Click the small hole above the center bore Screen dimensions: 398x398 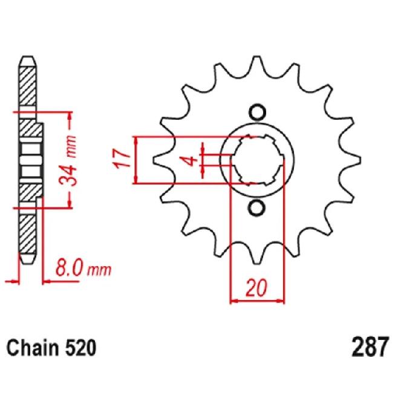[257, 113]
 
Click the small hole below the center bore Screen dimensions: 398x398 [257, 207]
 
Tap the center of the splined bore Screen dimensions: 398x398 [257, 160]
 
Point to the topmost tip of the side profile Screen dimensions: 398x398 [28, 57]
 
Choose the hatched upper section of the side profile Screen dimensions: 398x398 [28, 85]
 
